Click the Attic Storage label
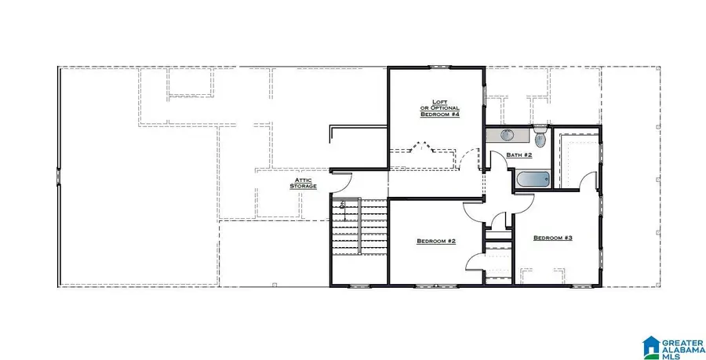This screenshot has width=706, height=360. click(304, 183)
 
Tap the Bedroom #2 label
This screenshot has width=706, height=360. click(436, 241)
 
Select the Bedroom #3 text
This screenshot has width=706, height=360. click(553, 238)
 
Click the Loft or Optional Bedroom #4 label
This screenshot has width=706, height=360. click(439, 107)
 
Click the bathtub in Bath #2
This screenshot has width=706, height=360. click(533, 180)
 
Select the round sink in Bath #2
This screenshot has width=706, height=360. click(507, 135)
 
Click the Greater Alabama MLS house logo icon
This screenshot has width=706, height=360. click(652, 345)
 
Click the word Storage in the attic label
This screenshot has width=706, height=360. click(304, 187)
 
